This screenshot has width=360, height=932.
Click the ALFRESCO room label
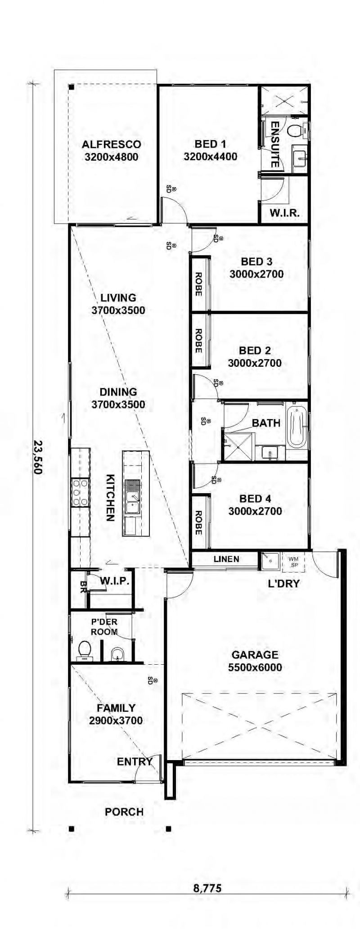pyautogui.click(x=111, y=144)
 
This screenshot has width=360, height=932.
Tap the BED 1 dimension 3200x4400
pyautogui.click(x=210, y=157)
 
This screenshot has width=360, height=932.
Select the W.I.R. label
pyautogui.click(x=284, y=213)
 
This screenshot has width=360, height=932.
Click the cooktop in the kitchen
pyautogui.click(x=80, y=493)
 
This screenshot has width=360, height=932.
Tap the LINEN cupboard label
pyautogui.click(x=226, y=559)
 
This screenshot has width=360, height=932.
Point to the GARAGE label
pyautogui.click(x=255, y=655)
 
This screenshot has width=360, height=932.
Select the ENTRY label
pyautogui.click(x=135, y=761)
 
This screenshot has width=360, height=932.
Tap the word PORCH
pyautogui.click(x=124, y=812)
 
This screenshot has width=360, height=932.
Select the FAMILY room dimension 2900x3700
pyautogui.click(x=116, y=720)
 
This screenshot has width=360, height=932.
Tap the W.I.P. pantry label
pyautogui.click(x=115, y=581)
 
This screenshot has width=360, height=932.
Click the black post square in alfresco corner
pyautogui.click(x=71, y=87)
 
